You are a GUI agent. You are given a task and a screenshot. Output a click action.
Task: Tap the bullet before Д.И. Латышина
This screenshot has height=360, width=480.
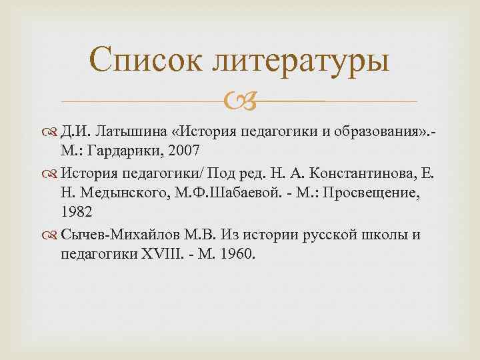(53, 128)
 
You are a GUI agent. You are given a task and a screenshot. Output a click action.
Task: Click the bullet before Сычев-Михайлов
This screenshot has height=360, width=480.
(53, 235)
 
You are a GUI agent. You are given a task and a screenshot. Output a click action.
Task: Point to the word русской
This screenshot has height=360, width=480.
(331, 235)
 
